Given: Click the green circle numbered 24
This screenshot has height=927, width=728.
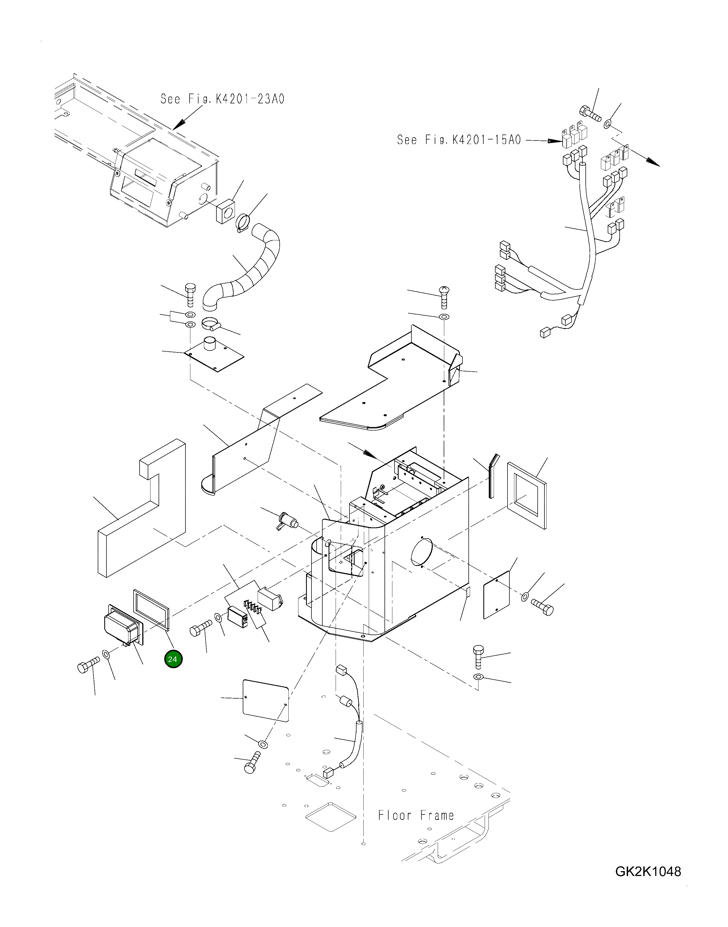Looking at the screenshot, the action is (x=173, y=660).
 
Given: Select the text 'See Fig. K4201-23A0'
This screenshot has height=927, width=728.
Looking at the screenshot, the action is (x=222, y=99).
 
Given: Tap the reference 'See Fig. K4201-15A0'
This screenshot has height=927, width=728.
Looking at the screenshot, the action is (x=459, y=140).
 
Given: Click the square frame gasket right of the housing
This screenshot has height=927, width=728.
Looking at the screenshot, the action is (x=527, y=496).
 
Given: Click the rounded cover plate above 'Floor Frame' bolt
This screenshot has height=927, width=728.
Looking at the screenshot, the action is (x=266, y=700).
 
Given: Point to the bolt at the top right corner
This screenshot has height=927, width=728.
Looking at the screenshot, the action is (x=590, y=113).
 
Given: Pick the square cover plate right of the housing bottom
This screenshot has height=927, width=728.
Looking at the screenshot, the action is (x=497, y=595).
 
